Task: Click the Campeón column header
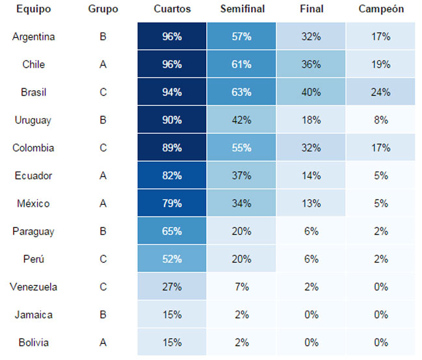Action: [381, 9]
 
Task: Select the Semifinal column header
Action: [243, 9]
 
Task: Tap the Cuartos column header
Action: [172, 9]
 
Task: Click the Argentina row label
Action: [33, 36]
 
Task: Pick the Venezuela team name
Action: [33, 287]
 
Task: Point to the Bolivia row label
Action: [33, 342]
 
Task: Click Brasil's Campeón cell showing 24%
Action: [380, 92]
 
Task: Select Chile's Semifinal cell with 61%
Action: [241, 64]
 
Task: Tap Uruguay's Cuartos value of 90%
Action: [172, 120]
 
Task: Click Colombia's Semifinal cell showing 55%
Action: [241, 148]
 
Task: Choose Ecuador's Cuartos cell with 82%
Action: [172, 175]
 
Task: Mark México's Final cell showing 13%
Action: [311, 203]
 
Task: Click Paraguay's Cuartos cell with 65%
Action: [172, 231]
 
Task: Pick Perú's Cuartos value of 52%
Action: [172, 259]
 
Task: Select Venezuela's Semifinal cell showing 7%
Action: [241, 287]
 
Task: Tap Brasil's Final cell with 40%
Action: [311, 92]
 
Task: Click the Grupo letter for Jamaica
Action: [103, 315]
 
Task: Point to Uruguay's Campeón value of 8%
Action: [380, 120]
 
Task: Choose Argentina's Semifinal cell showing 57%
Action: [241, 36]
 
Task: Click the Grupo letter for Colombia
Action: [103, 148]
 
